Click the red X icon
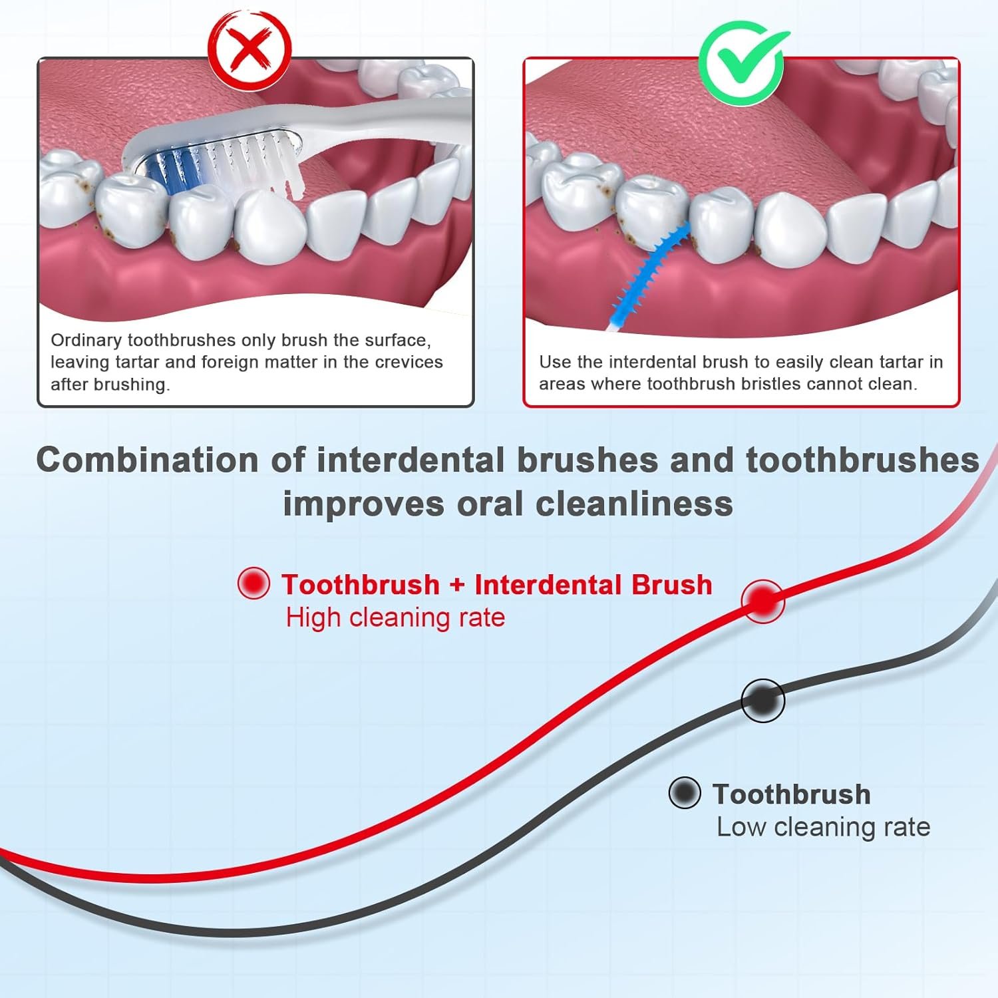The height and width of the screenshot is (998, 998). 250,49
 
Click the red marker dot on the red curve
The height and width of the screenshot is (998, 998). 763,601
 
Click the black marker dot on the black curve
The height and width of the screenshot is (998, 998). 763,701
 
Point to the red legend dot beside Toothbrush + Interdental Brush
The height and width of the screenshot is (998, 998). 253,583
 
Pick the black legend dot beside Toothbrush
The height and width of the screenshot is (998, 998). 685,793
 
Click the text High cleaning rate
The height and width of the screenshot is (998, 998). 395,618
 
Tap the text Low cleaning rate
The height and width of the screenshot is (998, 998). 823,827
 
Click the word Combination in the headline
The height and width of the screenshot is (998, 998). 147,460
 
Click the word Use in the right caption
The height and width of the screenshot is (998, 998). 552,362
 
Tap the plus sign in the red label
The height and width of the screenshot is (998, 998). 457,585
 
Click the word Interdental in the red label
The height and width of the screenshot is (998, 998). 548,584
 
